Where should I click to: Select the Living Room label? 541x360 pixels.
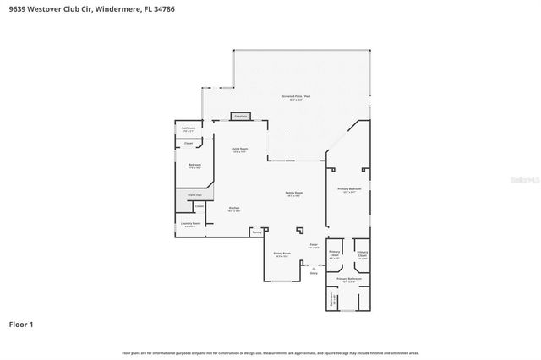[x=239, y=150]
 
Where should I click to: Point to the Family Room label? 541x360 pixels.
[x=293, y=194]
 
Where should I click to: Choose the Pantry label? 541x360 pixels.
[x=257, y=231]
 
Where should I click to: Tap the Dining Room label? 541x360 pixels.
[x=282, y=254]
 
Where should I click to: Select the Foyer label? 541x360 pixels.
[x=313, y=246]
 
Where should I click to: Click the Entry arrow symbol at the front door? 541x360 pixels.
[x=313, y=266]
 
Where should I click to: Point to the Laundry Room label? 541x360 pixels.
[x=190, y=225]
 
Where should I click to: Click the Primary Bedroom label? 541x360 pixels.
[x=349, y=190]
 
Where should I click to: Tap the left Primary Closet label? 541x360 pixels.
[x=334, y=254]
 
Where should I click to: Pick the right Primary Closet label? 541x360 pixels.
[x=362, y=254]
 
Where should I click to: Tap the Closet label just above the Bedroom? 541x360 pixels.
[x=188, y=144]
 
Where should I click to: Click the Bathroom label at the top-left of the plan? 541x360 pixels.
[x=189, y=129]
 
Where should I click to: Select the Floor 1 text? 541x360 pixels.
[x=22, y=324]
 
